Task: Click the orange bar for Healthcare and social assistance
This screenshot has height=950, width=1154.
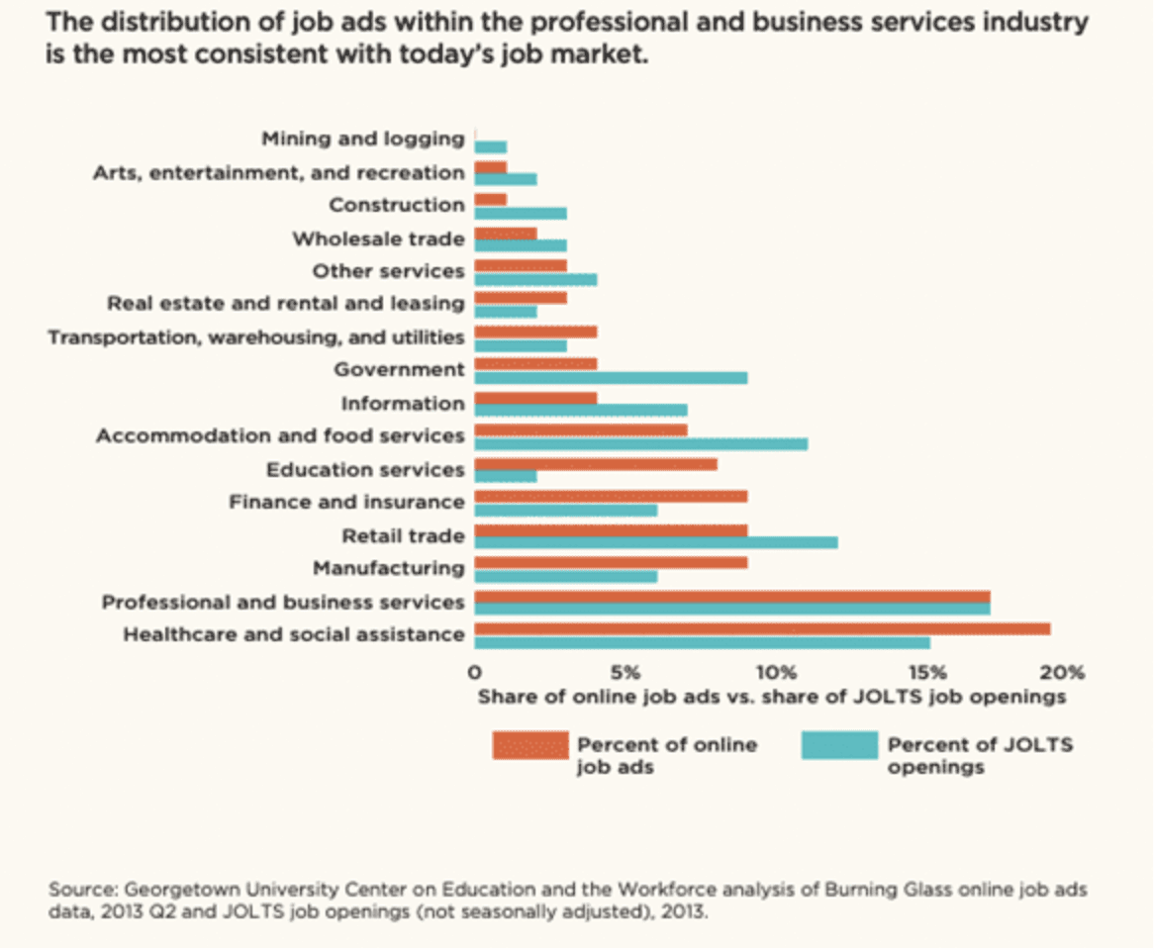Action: coord(762,629)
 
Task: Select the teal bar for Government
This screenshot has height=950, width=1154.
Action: coord(611,378)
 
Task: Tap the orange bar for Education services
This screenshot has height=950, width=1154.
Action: coord(596,464)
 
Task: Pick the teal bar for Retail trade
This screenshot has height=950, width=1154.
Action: coord(656,543)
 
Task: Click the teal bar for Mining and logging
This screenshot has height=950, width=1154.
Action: coord(491,147)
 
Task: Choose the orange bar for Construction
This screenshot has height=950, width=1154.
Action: coord(491,200)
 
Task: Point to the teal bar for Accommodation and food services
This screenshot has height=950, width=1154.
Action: coord(641,444)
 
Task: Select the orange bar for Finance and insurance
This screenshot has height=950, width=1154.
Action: coord(611,497)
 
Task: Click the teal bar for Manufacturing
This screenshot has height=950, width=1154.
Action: coord(566,576)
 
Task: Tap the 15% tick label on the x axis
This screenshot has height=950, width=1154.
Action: coord(927,673)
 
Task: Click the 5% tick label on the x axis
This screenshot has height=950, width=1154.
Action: coord(625,673)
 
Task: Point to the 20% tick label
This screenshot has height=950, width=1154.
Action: coord(1062,673)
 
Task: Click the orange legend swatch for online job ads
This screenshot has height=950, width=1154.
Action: coord(530,745)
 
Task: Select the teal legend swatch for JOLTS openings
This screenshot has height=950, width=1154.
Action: coord(839,745)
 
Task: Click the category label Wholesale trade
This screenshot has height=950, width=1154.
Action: coord(378,239)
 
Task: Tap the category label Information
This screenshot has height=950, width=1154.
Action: coord(403,404)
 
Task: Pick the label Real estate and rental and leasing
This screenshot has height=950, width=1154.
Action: coord(286,304)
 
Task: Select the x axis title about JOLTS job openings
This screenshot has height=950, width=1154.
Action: coord(771,697)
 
